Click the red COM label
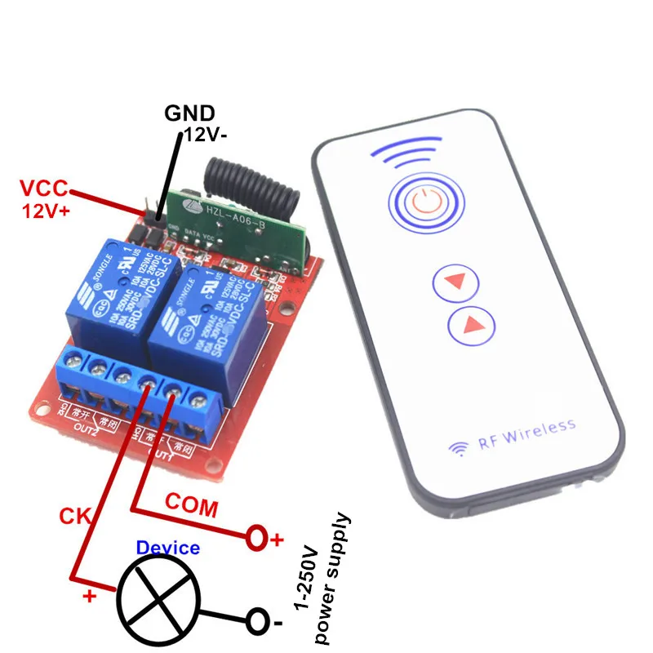pos(192,505)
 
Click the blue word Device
pos(167,547)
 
